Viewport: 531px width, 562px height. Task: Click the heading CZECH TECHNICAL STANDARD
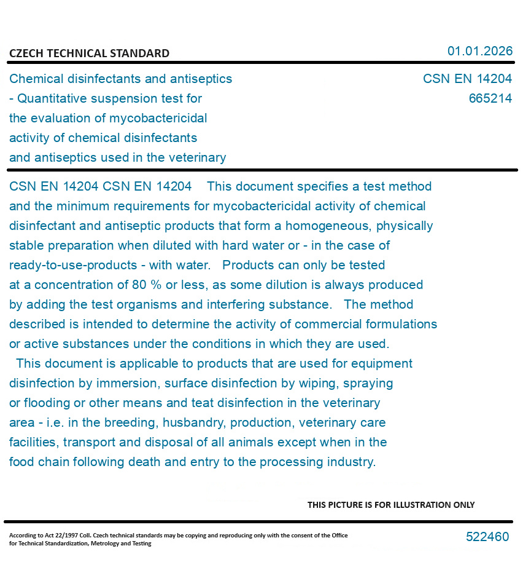click(x=89, y=53)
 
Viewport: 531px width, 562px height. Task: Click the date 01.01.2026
click(x=479, y=51)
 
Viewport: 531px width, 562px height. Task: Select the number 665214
click(x=490, y=98)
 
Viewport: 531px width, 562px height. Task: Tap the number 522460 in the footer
click(x=487, y=537)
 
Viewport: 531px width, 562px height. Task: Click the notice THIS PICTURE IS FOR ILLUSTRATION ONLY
click(x=391, y=505)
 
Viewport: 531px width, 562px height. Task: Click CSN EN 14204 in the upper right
click(x=467, y=79)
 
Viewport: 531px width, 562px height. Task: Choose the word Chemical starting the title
click(x=35, y=79)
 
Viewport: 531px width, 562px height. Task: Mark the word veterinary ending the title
click(x=197, y=157)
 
